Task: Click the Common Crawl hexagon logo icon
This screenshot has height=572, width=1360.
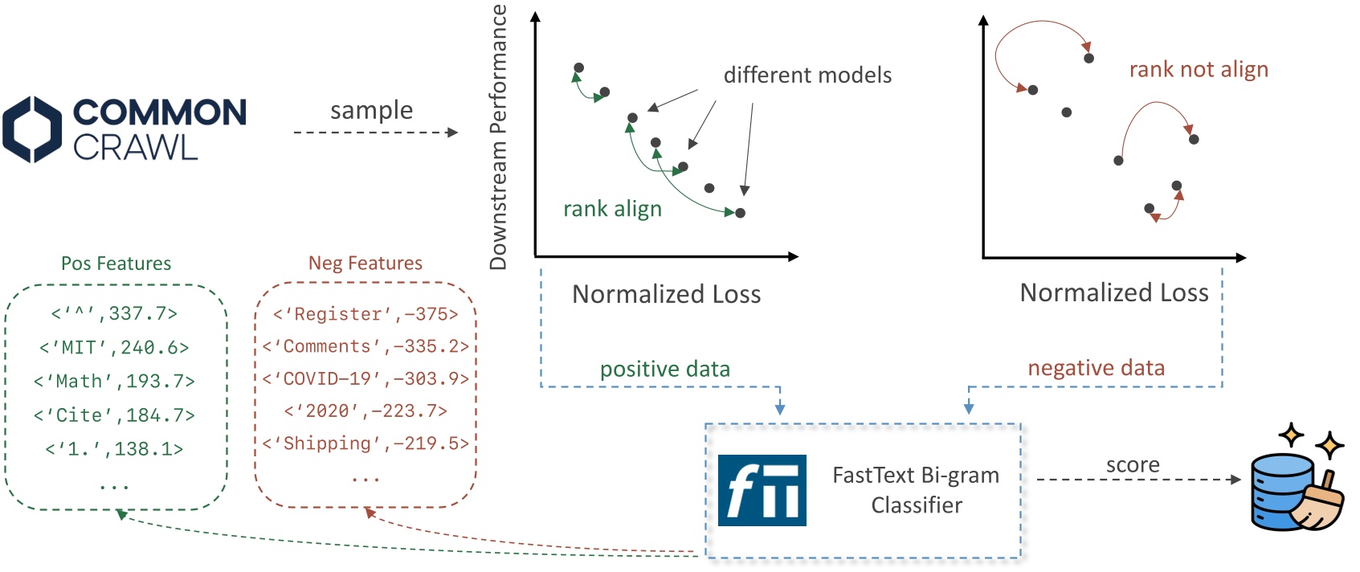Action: click(32, 129)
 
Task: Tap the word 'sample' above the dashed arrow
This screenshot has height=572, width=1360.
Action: click(371, 110)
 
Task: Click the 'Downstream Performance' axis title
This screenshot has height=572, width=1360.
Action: click(499, 137)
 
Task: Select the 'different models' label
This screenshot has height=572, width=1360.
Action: click(807, 76)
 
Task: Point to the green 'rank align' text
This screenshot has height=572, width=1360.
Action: click(612, 209)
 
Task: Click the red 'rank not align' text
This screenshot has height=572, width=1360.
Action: click(1199, 70)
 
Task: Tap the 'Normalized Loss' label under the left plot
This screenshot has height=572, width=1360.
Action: click(666, 294)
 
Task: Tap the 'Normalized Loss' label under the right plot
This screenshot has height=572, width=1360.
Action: click(1113, 292)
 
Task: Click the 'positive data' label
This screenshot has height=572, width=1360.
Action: click(664, 370)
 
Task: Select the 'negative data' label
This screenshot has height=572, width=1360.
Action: click(1096, 368)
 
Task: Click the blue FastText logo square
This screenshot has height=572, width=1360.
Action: click(762, 490)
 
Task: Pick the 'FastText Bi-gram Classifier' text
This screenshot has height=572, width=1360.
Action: click(916, 490)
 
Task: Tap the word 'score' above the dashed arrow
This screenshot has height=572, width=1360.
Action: click(1133, 465)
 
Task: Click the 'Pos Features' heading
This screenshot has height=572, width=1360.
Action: click(116, 264)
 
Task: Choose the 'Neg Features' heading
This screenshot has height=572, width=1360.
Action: click(365, 264)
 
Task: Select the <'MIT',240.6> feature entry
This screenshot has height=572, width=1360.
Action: click(114, 348)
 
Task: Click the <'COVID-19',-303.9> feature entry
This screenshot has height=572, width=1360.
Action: click(366, 378)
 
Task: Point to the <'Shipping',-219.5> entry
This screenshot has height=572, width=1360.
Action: click(366, 443)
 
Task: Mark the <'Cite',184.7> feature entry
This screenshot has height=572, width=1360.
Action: click(114, 415)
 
